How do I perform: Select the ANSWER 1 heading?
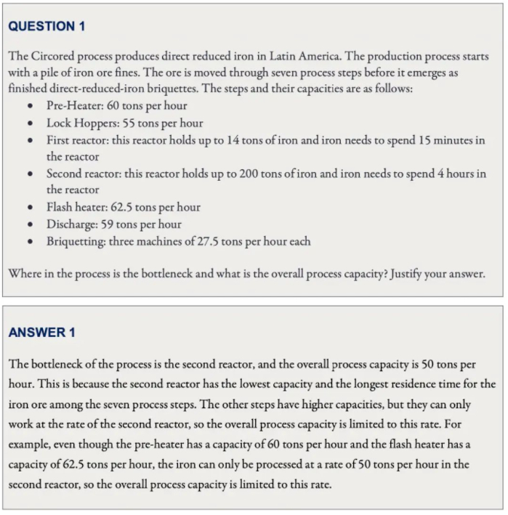pyautogui.click(x=41, y=333)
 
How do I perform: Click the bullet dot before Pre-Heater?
pyautogui.click(x=30, y=106)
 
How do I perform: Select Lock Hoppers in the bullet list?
pyautogui.click(x=81, y=123)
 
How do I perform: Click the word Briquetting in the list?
pyautogui.click(x=76, y=240)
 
